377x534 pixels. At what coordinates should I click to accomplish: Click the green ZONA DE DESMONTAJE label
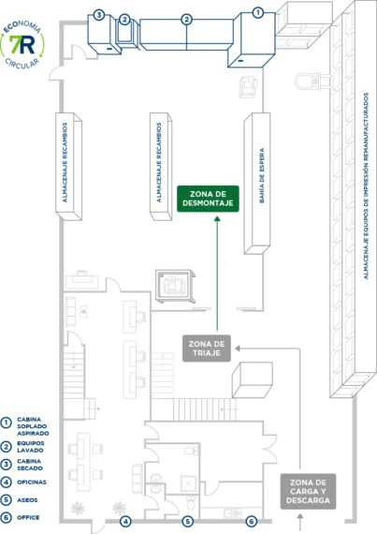[x=208, y=199]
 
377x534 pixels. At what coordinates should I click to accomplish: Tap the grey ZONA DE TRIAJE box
[x=207, y=349]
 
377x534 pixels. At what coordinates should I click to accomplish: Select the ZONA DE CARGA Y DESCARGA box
[x=308, y=492]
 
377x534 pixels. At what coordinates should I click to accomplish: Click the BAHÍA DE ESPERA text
[x=262, y=176]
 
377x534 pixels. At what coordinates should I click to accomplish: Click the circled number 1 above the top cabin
[x=258, y=13]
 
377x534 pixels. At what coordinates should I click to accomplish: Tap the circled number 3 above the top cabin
[x=99, y=15]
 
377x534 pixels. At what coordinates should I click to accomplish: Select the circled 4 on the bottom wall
[x=125, y=521]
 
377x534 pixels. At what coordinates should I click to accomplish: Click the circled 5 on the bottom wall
[x=188, y=521]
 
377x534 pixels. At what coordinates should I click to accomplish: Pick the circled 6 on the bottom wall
[x=252, y=521]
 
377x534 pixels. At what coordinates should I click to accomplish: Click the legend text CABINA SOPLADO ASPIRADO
[x=33, y=426]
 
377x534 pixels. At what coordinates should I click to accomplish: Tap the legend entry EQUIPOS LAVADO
[x=31, y=447]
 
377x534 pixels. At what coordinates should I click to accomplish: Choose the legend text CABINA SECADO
[x=30, y=465]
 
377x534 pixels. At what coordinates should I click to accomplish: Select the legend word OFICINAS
[x=32, y=482]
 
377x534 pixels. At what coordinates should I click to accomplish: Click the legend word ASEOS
[x=27, y=500]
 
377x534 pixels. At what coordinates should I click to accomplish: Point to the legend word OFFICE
[x=28, y=517]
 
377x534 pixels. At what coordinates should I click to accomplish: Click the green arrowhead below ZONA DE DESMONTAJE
[x=217, y=218]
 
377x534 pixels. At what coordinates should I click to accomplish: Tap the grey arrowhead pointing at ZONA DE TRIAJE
[x=238, y=349]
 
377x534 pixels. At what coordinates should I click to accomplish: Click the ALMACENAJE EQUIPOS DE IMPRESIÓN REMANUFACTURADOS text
[x=366, y=185]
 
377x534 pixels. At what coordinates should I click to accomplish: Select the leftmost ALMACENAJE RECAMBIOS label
[x=65, y=162]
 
